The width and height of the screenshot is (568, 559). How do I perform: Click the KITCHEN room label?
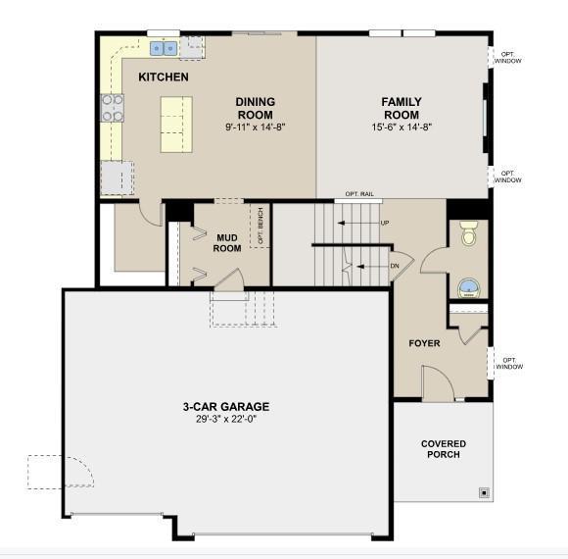pos(164,76)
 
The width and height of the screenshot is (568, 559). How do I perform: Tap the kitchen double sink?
pos(164,48)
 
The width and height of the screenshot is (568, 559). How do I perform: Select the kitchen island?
pos(176,125)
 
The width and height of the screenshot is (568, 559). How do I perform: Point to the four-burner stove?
pos(113,108)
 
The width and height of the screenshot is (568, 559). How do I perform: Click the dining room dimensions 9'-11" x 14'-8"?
pos(256,127)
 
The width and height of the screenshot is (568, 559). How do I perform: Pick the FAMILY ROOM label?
pos(402,108)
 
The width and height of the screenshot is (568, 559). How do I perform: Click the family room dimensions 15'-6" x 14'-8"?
pos(402,127)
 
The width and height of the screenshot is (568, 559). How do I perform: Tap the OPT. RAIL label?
pos(359,194)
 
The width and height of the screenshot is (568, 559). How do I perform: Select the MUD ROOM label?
pos(227,243)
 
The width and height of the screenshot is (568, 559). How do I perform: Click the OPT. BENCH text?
pos(260,226)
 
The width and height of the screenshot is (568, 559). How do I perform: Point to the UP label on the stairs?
pos(385,223)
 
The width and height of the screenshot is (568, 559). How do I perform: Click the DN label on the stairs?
pos(395,266)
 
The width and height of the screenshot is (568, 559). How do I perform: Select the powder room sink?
pos(469,288)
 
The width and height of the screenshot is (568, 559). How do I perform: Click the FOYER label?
pos(425,343)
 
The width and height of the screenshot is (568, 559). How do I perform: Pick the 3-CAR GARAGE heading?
pos(226,407)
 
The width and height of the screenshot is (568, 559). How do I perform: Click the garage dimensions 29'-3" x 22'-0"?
pos(226,419)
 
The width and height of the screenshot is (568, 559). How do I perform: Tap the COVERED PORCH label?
pos(444,449)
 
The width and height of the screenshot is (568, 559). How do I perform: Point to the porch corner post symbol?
pos(485,493)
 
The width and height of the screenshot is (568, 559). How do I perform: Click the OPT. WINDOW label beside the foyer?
pos(509,364)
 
